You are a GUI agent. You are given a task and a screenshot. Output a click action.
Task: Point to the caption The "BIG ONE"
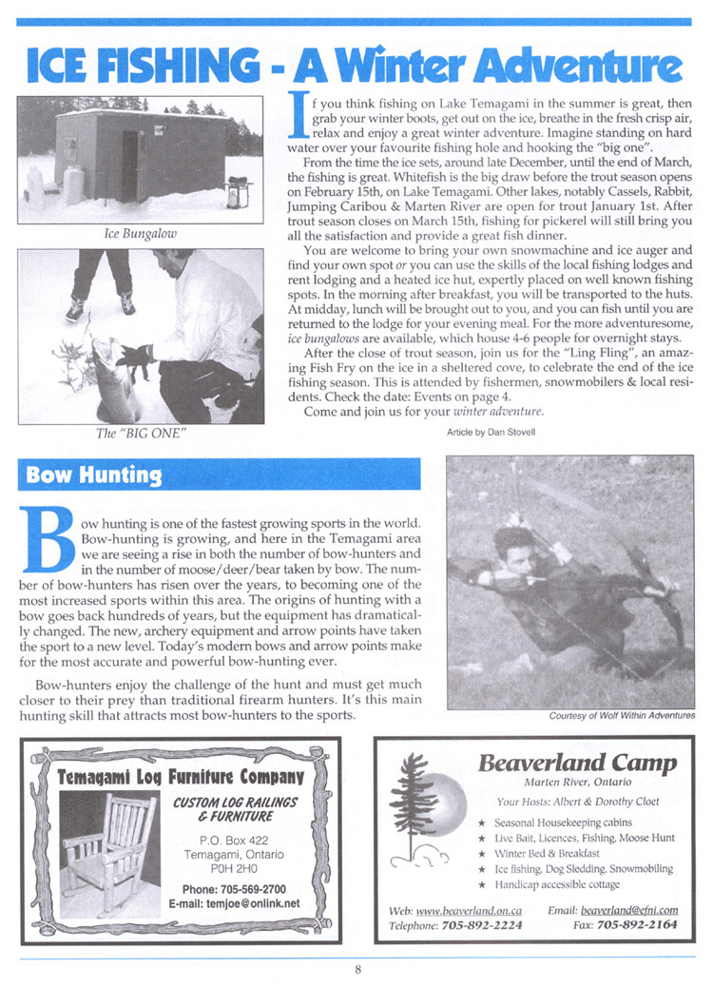pos(141,434)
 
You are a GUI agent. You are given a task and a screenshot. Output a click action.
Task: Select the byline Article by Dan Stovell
pos(491,432)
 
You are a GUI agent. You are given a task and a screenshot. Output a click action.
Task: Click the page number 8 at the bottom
pos(358,970)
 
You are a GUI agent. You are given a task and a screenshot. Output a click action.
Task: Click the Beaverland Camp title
pos(577,763)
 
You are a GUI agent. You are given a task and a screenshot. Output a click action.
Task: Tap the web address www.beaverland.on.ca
pos(467,909)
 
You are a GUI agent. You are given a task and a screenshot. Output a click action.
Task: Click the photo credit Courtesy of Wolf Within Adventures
pos(622,716)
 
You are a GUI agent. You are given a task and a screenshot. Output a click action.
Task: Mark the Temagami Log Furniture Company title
pos(181,776)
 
